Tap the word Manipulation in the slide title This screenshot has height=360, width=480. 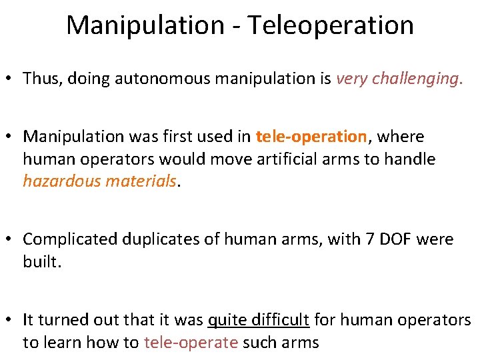[x=145, y=26]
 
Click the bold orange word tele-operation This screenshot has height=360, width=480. [x=311, y=137]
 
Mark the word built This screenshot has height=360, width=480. [x=41, y=261]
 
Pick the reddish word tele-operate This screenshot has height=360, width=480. [x=191, y=343]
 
